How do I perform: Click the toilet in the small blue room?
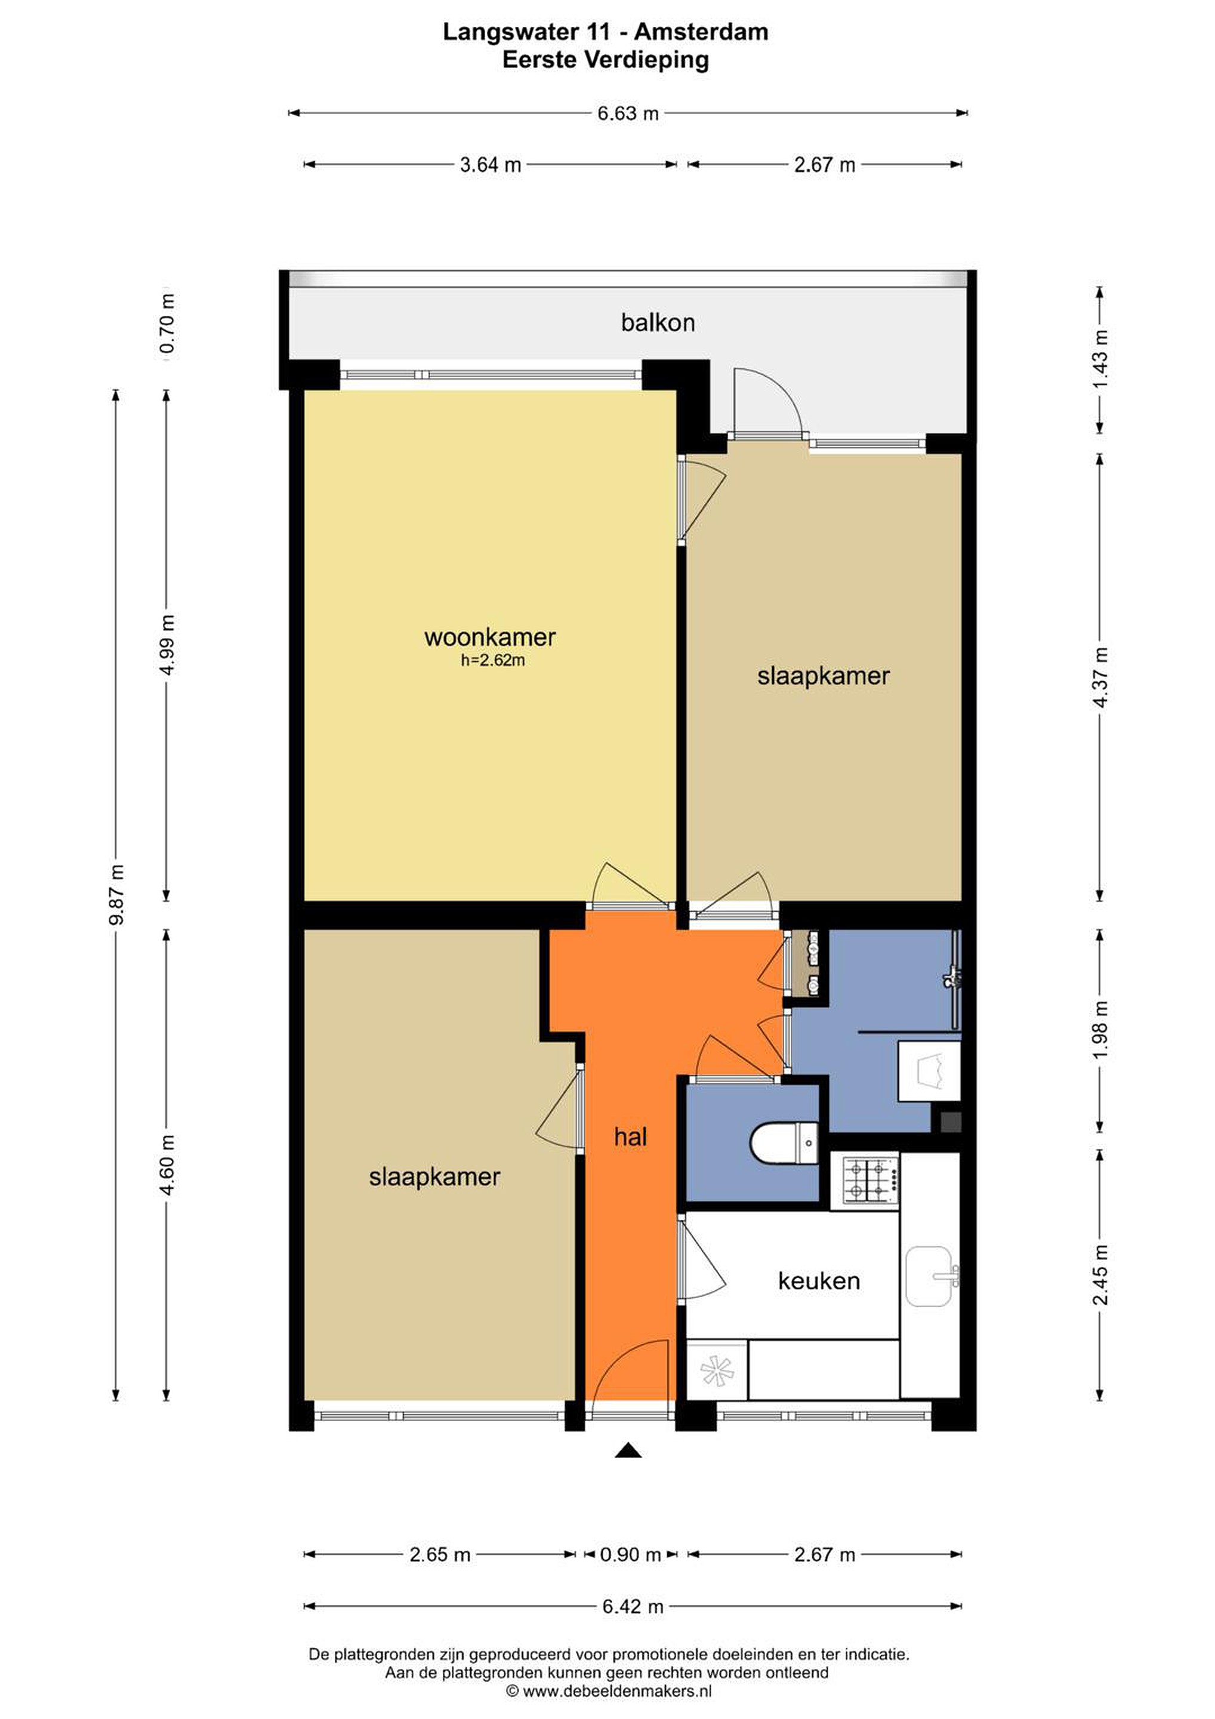click(784, 1142)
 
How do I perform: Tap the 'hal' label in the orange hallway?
click(630, 1136)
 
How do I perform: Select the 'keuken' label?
click(818, 1281)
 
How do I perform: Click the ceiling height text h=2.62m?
click(492, 660)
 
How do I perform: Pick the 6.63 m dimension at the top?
click(628, 113)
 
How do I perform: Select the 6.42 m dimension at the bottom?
click(633, 1606)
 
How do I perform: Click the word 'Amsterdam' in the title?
click(701, 32)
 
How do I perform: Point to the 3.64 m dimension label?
click(491, 165)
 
